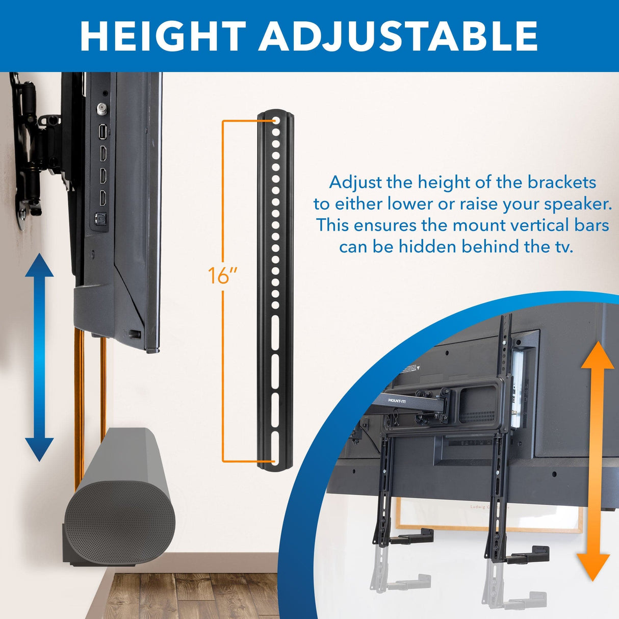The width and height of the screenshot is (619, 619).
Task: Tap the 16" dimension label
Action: click(223, 276)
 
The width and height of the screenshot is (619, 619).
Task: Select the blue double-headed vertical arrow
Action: click(39, 357)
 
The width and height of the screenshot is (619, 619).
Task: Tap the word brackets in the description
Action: click(561, 182)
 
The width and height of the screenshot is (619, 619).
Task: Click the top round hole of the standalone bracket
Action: click(275, 122)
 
